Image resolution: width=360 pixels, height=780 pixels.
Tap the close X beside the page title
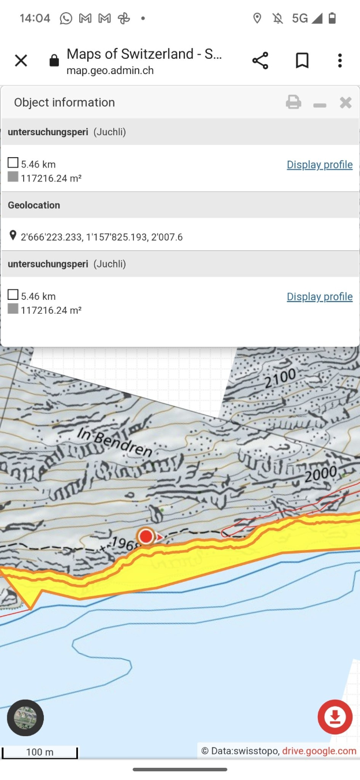tap(21, 61)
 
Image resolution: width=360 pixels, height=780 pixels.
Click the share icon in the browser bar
tap(260, 61)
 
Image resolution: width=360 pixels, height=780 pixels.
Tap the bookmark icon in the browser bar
tap(302, 61)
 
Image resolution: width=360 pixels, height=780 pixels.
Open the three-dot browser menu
tap(340, 61)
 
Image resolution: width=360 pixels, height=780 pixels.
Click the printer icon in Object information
tap(294, 103)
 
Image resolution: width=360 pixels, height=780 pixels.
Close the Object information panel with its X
tap(346, 103)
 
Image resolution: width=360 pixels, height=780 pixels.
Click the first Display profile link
tap(320, 165)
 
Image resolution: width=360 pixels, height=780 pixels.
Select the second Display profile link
tap(320, 296)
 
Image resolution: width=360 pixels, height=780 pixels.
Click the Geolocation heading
tap(34, 205)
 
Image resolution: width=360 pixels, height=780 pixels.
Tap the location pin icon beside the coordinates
tap(13, 236)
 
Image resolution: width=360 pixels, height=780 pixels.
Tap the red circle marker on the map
tap(146, 537)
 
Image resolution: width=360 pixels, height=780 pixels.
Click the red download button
tap(335, 717)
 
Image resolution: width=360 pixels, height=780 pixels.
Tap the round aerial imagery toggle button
tap(25, 718)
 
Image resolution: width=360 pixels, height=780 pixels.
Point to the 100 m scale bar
tap(39, 752)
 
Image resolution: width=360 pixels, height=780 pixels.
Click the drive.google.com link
tap(319, 751)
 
